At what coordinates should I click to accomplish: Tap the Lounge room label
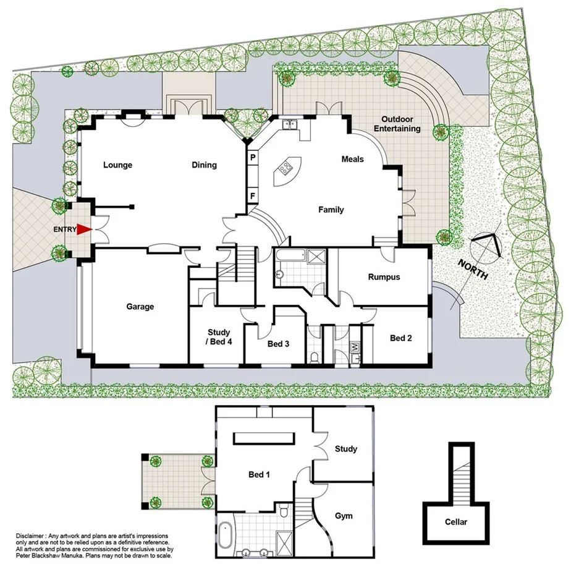coord(117,165)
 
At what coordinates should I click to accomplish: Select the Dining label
coord(204,165)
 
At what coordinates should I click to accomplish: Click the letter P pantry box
coord(253,158)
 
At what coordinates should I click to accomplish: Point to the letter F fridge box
coord(253,197)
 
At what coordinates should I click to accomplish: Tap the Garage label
coord(140,306)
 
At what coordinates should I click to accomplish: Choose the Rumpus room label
coord(384,277)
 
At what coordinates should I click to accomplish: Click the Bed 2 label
coord(401,338)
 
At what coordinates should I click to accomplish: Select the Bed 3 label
coord(278,344)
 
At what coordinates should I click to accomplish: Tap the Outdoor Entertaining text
coord(400,124)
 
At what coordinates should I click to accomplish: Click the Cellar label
coord(456,522)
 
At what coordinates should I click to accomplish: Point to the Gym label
coord(344,515)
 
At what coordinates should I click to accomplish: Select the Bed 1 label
coord(260,475)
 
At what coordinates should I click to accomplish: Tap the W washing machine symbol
coord(355,348)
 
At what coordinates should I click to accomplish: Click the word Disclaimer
coord(30,535)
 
